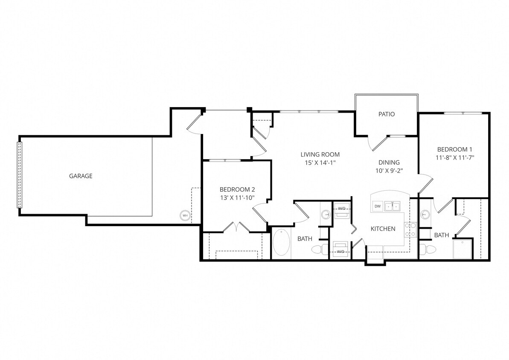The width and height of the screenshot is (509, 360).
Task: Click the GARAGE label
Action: point(81,176)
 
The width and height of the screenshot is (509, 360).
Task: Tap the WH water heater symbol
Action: point(185,216)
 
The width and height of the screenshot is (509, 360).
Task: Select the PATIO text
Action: point(387,114)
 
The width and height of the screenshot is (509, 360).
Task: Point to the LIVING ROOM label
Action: point(320,154)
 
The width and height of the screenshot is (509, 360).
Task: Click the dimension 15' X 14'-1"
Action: point(320,163)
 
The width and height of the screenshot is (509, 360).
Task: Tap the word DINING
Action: point(389,163)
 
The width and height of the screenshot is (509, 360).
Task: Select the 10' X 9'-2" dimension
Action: point(389,171)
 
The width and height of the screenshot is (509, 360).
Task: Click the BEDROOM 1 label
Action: point(455,149)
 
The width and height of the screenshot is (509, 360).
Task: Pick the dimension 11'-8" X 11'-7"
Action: point(455,157)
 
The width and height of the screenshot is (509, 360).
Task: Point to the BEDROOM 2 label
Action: point(237,189)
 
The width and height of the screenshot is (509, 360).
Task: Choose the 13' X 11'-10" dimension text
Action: point(237,197)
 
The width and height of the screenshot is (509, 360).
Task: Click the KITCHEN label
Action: point(383,229)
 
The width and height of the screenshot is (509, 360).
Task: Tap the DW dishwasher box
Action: point(377,206)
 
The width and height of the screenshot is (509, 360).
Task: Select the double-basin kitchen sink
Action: point(392,206)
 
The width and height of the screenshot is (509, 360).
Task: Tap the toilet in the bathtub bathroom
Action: point(318,249)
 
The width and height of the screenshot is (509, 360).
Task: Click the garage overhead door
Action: point(19,175)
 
